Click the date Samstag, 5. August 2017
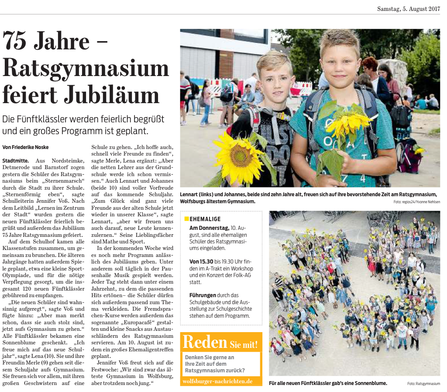tap(408, 9)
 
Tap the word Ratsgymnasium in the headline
tap(86, 68)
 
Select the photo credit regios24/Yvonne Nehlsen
tap(416, 202)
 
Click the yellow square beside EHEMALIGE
tap(186, 219)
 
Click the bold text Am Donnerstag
tap(209, 228)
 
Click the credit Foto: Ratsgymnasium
tap(423, 384)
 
